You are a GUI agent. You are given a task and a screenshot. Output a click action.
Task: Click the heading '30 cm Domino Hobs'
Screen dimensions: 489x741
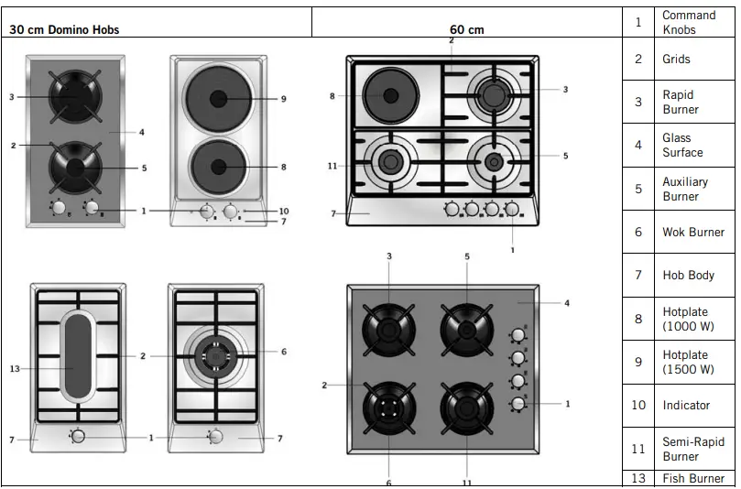tap(65, 29)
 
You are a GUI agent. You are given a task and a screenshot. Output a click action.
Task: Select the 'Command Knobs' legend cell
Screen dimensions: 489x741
tap(689, 22)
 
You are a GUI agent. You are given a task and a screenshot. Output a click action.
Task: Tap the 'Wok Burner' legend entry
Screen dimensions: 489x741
tap(692, 232)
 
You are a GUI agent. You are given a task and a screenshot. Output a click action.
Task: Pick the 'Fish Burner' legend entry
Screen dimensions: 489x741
tap(693, 478)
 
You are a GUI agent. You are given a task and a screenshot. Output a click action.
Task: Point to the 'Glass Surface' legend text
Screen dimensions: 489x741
tap(682, 145)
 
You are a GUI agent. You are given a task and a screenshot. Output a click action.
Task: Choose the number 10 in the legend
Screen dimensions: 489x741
tap(638, 405)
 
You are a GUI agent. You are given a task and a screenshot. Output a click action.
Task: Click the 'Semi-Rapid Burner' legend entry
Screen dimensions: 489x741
tap(692, 449)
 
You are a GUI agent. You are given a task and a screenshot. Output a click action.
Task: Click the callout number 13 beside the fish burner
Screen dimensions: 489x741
tap(14, 369)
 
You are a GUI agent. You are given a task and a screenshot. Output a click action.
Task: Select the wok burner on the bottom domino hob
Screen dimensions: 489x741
tap(215, 355)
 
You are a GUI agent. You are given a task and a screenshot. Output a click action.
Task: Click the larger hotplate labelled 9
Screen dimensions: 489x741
tap(218, 98)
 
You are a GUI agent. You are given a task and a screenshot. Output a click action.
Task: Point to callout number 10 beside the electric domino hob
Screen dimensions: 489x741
tap(283, 211)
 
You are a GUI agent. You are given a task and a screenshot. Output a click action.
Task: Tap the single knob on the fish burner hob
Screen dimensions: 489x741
tap(78, 436)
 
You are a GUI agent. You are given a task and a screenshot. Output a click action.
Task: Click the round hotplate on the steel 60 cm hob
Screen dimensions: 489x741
tap(391, 95)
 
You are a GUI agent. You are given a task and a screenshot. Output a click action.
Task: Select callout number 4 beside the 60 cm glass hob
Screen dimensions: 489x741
tap(567, 303)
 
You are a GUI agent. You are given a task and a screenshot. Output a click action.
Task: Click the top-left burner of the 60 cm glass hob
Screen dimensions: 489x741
tap(389, 328)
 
